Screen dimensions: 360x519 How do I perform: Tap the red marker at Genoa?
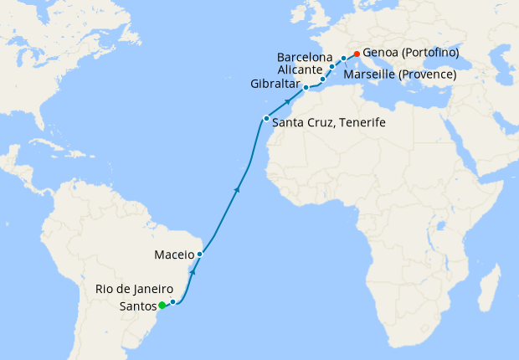(357, 56)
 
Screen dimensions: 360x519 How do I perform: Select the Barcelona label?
(306, 57)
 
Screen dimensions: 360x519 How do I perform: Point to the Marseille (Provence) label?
(400, 75)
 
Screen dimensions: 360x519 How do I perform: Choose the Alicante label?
(301, 70)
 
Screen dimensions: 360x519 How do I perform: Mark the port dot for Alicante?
(323, 79)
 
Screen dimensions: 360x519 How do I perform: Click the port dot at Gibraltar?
(306, 87)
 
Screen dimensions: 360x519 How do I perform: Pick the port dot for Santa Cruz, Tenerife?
(266, 118)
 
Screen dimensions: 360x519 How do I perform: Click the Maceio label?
(175, 254)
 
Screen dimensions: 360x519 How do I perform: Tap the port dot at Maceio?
(199, 254)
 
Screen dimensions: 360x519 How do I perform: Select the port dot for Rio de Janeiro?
(173, 301)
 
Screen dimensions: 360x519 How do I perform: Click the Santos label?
(136, 306)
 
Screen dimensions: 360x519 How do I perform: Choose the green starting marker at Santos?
(162, 306)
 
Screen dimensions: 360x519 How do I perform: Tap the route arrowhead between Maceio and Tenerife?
(238, 190)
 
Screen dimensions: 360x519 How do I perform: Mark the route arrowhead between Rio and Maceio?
(193, 271)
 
